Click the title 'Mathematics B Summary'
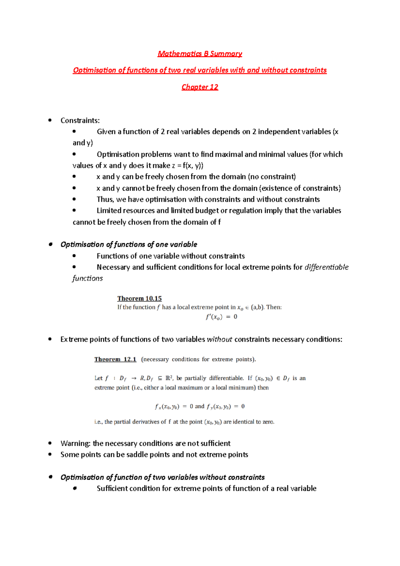pyautogui.click(x=200, y=54)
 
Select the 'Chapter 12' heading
pyautogui.click(x=200, y=87)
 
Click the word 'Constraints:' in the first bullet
pyautogui.click(x=80, y=120)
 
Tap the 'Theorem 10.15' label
pyautogui.click(x=139, y=298)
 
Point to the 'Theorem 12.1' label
pyautogui.click(x=115, y=359)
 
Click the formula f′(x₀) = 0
pyautogui.click(x=221, y=317)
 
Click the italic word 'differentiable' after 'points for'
pyautogui.click(x=327, y=267)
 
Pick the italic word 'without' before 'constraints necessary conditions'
pyautogui.click(x=219, y=339)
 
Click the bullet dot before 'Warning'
pyautogui.click(x=50, y=443)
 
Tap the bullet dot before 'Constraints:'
pyautogui.click(x=50, y=120)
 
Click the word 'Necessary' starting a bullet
pyautogui.click(x=113, y=267)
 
